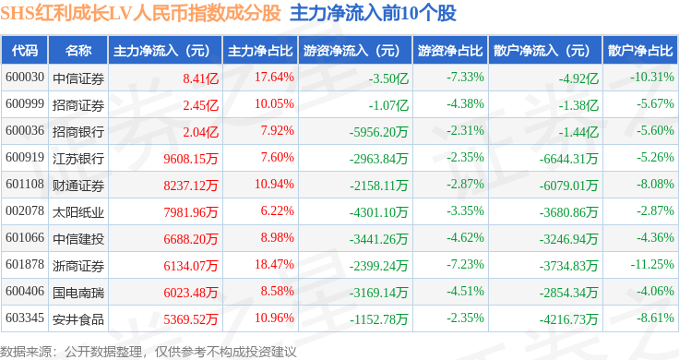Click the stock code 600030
[25, 78]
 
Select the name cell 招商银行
[78, 132]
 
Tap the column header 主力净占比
[260, 51]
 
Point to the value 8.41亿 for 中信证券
[200, 78]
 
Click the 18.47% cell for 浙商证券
[274, 264]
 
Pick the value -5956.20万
[378, 132]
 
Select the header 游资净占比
[450, 51]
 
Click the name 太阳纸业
[78, 212]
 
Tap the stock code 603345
[25, 318]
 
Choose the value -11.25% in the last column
[652, 264]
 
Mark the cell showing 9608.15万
[191, 159]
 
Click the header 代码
[25, 51]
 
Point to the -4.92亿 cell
[578, 78]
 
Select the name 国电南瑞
[78, 293]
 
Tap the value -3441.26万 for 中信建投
[378, 239]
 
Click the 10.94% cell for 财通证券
[274, 184]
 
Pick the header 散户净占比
[640, 51]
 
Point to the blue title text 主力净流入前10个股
[373, 14]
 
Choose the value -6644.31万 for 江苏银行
[568, 159]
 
